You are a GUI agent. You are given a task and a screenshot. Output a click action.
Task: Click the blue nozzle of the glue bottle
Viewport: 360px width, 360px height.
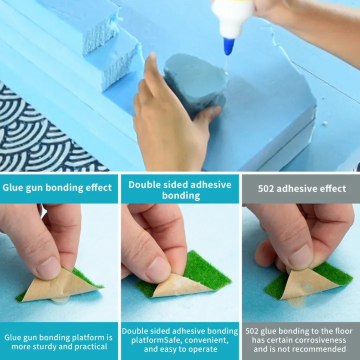pyautogui.click(x=229, y=46)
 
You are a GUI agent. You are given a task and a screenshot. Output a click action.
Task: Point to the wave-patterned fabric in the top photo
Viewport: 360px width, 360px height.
pyautogui.click(x=39, y=133)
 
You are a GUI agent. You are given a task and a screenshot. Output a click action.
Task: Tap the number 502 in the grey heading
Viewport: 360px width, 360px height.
pyautogui.click(x=266, y=188)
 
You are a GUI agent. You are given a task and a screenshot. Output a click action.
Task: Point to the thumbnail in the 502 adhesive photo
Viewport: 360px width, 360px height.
pyautogui.click(x=300, y=256)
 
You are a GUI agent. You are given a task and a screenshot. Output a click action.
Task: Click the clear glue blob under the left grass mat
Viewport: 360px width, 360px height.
pyautogui.click(x=60, y=299)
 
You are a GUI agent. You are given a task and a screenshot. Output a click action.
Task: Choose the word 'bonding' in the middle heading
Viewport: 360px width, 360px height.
pyautogui.click(x=181, y=195)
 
